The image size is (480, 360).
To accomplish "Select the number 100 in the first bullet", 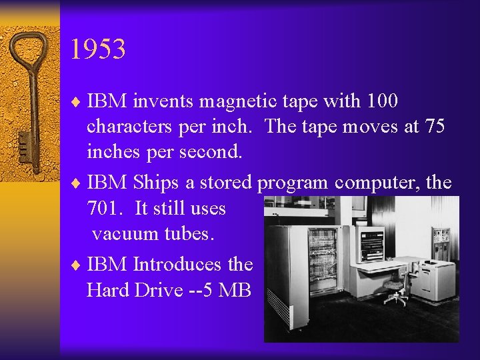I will (x=381, y=101).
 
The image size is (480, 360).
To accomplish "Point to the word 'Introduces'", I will (x=177, y=264).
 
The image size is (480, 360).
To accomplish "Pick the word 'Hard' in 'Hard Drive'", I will (x=109, y=290).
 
